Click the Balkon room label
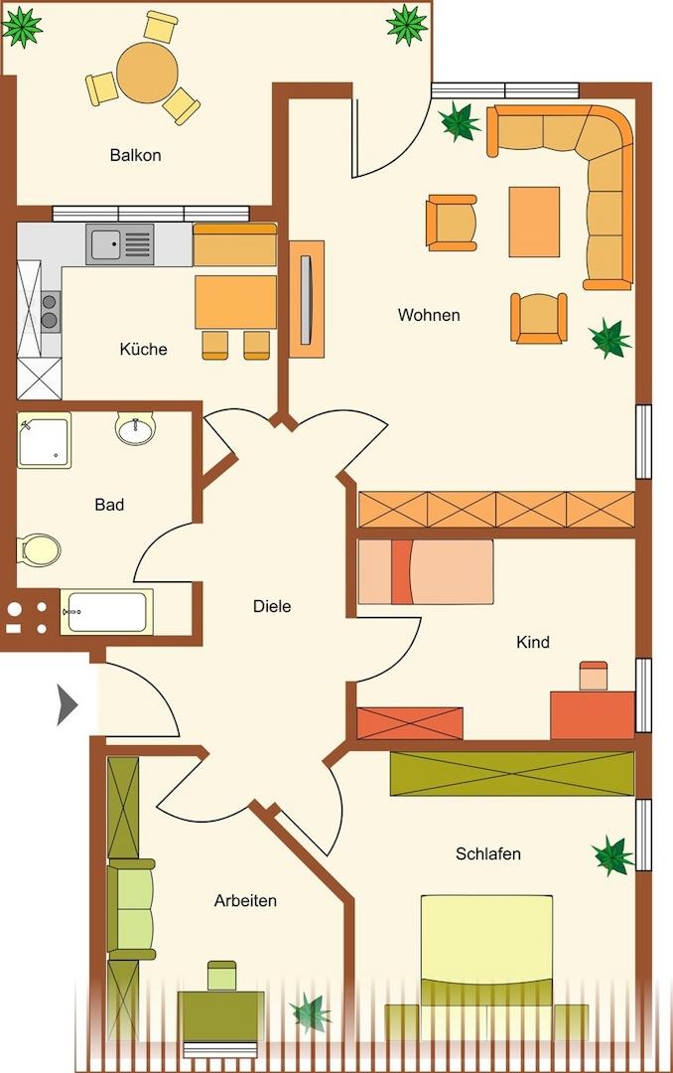[x=135, y=155]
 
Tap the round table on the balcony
[x=147, y=72]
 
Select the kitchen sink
[x=120, y=244]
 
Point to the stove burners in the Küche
[x=50, y=311]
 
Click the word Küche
[x=143, y=349]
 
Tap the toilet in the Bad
[x=40, y=549]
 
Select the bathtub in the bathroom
[x=106, y=611]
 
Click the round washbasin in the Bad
[x=135, y=428]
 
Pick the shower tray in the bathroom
[x=45, y=440]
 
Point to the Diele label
[x=272, y=606]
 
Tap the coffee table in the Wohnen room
[x=534, y=222]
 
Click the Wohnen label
[x=429, y=315]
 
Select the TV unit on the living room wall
[x=307, y=299]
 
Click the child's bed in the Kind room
[x=426, y=572]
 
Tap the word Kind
[x=533, y=642]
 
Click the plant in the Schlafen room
[x=612, y=856]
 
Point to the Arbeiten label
[x=245, y=900]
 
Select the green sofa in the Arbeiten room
[x=131, y=909]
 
